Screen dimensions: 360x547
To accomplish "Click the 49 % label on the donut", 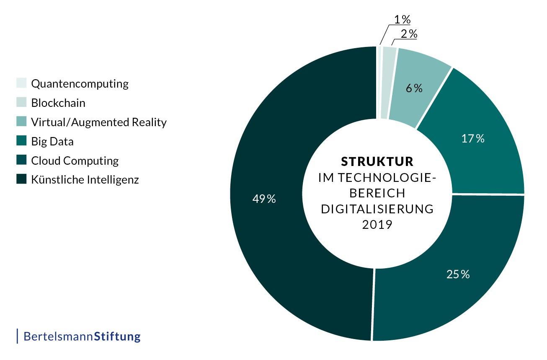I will click(x=264, y=199).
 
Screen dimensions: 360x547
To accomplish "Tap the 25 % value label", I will click(x=458, y=275).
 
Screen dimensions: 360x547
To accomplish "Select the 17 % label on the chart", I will click(x=473, y=139).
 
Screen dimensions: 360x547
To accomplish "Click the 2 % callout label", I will click(x=409, y=34).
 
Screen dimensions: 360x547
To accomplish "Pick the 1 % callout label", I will click(x=402, y=19).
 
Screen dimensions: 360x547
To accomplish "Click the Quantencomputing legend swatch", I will click(x=22, y=83).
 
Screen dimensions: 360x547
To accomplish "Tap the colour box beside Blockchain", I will click(x=22, y=102).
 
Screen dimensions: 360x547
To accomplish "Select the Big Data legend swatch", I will click(x=22, y=141).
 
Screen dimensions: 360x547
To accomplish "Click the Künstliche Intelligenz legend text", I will click(x=85, y=180).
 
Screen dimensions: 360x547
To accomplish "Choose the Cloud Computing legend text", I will click(x=75, y=161).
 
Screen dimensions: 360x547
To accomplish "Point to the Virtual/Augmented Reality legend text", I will click(x=99, y=122).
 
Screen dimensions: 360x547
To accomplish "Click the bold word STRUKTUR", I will click(x=377, y=162).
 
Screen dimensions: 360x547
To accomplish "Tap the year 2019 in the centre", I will click(x=377, y=225).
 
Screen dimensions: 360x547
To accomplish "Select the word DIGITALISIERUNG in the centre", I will click(x=377, y=209).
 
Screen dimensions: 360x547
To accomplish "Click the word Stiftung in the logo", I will click(x=117, y=336).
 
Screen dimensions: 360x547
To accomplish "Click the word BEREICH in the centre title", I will click(x=377, y=193).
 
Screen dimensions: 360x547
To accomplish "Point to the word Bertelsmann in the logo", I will click(x=58, y=336).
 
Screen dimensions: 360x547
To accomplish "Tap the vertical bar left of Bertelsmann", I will click(x=18, y=336).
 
